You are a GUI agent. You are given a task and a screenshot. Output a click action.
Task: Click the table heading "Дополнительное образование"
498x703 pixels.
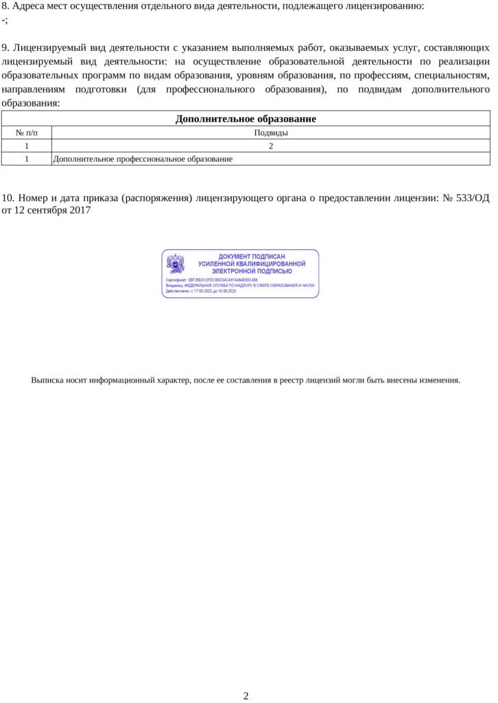(x=246, y=119)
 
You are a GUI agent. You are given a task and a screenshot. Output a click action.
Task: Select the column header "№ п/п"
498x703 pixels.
(x=27, y=132)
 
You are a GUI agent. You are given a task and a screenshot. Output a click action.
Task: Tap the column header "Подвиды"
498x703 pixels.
(x=271, y=132)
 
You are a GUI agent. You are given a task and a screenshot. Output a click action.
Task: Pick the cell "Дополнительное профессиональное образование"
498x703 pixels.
(x=143, y=159)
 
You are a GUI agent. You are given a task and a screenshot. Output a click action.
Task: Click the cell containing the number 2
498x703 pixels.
(x=271, y=146)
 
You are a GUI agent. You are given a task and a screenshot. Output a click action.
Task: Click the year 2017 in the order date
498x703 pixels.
(x=80, y=210)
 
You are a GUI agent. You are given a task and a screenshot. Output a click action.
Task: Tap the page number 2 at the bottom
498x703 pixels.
(x=246, y=695)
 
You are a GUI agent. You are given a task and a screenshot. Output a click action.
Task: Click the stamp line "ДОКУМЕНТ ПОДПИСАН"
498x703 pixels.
(x=251, y=256)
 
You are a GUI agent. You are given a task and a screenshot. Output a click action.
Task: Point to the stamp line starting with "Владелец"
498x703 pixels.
(x=239, y=286)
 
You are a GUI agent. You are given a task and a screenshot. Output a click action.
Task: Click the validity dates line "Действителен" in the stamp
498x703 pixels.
(x=200, y=291)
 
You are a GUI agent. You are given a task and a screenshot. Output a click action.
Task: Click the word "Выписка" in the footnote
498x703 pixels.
(x=47, y=380)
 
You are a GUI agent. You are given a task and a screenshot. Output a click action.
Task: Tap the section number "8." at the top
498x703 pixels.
(x=6, y=5)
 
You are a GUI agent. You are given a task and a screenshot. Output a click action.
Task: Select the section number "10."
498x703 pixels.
(x=8, y=198)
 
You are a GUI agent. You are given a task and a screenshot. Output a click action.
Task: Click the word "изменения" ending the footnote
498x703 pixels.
(x=439, y=380)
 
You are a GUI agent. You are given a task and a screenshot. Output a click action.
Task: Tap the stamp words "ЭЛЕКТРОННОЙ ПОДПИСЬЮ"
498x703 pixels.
(x=251, y=271)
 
